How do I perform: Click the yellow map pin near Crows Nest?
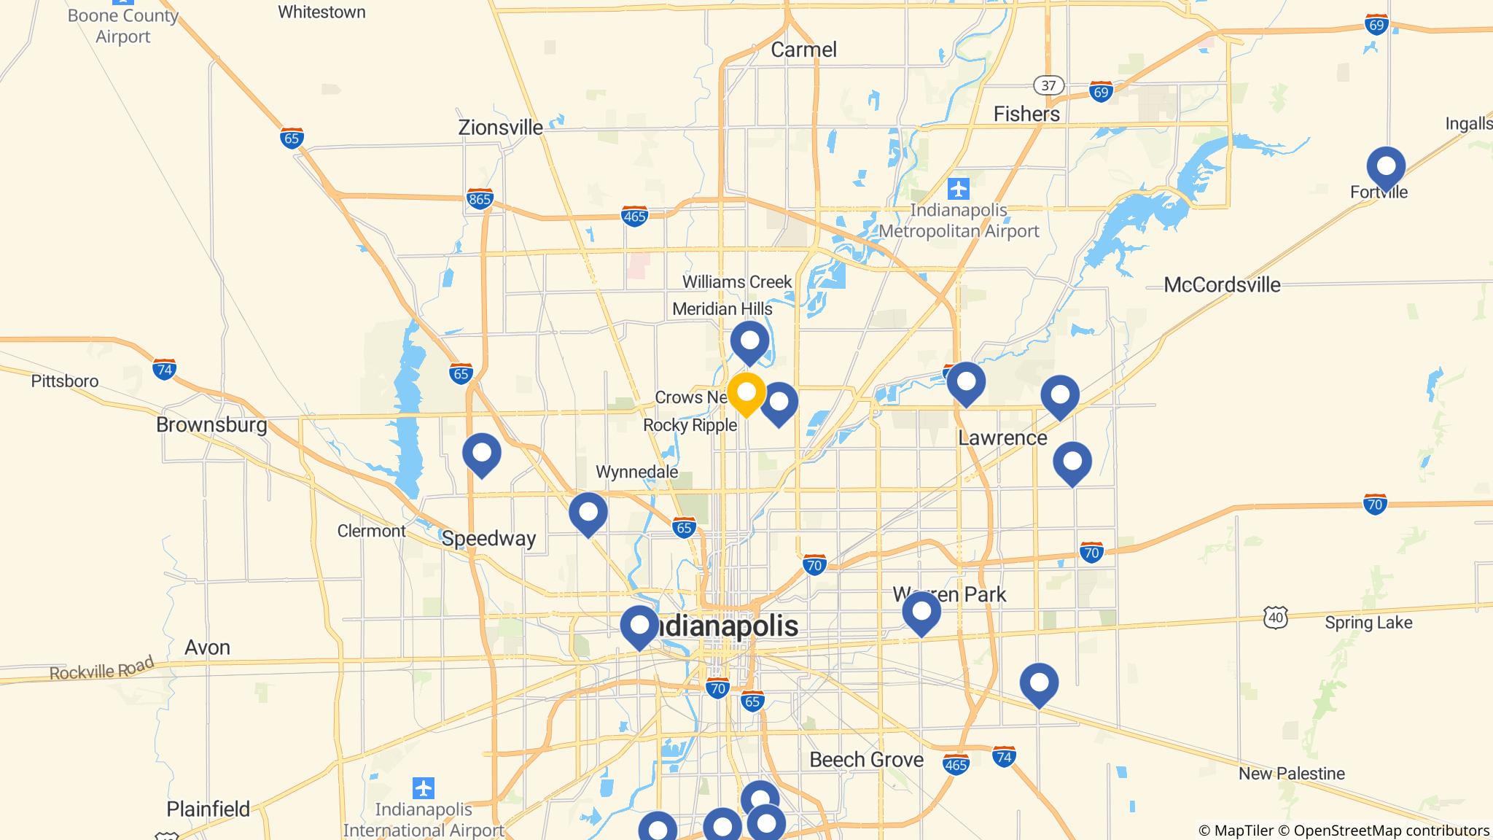[746, 393]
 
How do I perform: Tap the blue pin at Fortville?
[1385, 167]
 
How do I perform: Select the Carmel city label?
[803, 50]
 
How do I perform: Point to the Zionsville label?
[500, 128]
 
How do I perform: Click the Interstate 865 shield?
[480, 198]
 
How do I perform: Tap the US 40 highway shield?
[1276, 617]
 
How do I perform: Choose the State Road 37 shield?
[1048, 85]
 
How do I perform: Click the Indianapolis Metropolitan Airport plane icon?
[959, 189]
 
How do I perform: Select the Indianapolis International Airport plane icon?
[423, 788]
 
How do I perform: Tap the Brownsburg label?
[211, 424]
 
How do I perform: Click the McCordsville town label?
[1222, 284]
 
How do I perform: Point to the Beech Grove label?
[866, 760]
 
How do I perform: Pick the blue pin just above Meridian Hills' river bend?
[749, 341]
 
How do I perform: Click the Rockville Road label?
[102, 669]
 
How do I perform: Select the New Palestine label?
[1291, 773]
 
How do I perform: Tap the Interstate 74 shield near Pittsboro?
[165, 370]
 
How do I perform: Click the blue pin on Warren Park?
[921, 612]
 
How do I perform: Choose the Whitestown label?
[321, 12]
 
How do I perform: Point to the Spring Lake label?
[1368, 623]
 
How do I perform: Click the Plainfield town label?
[208, 809]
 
